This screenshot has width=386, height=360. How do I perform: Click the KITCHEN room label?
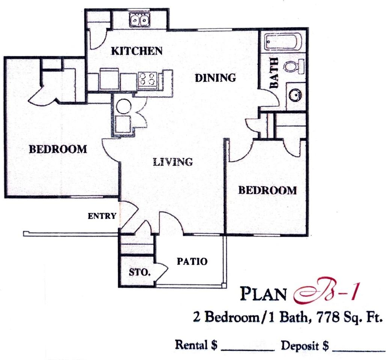coord(137,51)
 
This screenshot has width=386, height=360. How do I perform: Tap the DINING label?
coord(216,78)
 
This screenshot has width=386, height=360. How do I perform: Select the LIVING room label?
coord(173,162)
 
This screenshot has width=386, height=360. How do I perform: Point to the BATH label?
coord(274,73)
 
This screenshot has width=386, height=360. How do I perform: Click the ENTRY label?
coord(102,216)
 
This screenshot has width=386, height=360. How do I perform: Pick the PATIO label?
coord(192,261)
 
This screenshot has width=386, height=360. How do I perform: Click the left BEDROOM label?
coord(58,149)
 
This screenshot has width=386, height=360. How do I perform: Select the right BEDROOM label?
coord(267,190)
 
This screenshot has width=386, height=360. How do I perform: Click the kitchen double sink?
coord(140,20)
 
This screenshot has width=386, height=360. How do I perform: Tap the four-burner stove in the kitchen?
coord(147,79)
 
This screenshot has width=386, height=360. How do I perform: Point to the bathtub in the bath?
coord(283,42)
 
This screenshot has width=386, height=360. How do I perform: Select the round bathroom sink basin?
coord(296,95)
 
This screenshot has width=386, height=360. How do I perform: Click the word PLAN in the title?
coord(264,294)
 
